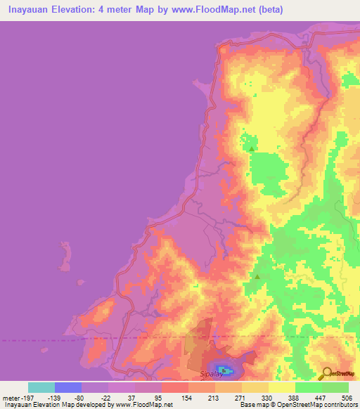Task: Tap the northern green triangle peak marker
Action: [x=251, y=148]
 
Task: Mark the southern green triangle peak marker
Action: [x=257, y=276]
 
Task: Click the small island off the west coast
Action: [x=67, y=255]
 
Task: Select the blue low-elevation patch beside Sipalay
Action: [x=224, y=370]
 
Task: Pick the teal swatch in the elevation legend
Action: [x=41, y=387]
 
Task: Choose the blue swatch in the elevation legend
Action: [x=68, y=387]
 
